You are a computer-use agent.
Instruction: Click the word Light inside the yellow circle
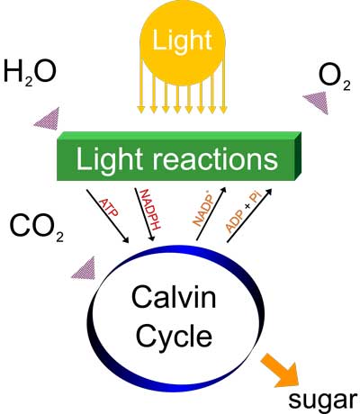click(183, 40)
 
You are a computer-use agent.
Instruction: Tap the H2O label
click(30, 73)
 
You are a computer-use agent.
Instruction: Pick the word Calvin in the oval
click(174, 297)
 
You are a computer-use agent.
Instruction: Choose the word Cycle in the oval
click(174, 335)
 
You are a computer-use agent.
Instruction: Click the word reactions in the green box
click(215, 158)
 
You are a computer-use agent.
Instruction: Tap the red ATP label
click(109, 208)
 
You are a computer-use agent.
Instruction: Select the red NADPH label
click(149, 209)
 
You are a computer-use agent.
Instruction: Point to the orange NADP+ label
click(204, 211)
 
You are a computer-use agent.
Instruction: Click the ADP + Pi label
click(244, 212)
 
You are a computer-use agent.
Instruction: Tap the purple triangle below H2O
click(47, 119)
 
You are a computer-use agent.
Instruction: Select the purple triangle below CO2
click(83, 268)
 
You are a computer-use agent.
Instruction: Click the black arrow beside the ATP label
click(107, 216)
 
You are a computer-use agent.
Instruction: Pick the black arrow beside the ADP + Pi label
click(249, 215)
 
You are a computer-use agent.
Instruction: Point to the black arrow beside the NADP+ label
click(211, 213)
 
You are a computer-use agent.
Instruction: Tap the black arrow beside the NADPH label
click(144, 214)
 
